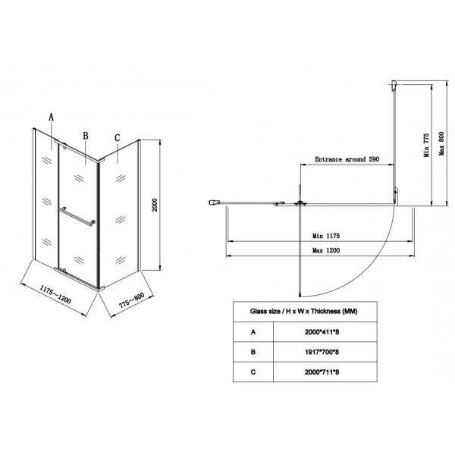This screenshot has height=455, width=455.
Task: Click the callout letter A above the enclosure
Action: click(52, 118)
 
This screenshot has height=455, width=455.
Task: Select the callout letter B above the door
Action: click(86, 136)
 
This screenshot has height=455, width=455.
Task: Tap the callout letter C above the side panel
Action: click(117, 137)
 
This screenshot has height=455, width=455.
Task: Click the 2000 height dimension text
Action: click(154, 205)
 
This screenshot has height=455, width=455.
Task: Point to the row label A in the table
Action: click(253, 331)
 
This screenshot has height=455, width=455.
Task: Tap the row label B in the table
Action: click(253, 352)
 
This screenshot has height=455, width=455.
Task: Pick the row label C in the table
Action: click(253, 372)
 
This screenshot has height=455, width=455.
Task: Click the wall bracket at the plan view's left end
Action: click(215, 202)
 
